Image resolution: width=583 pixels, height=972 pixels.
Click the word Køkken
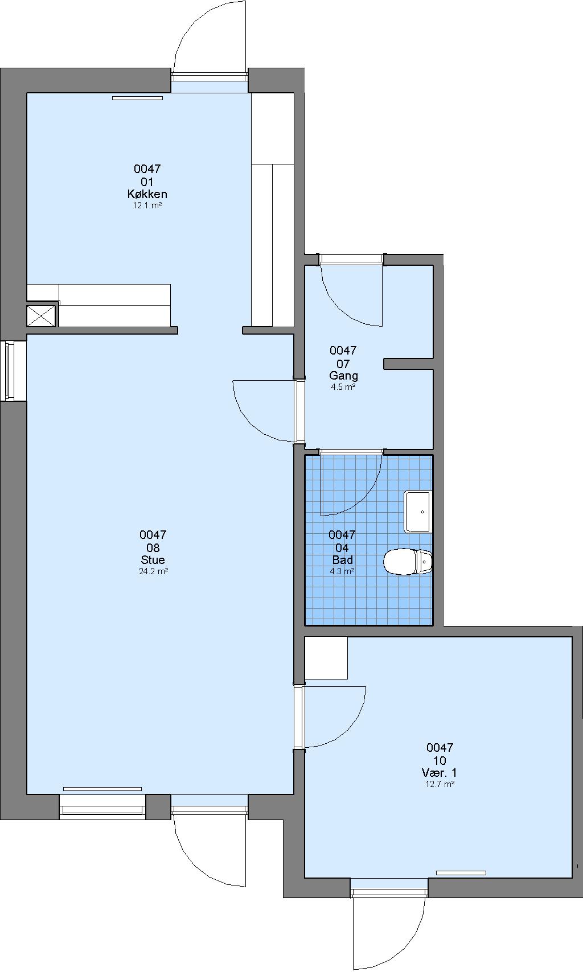[147, 194]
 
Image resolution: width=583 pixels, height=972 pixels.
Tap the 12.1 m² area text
[147, 205]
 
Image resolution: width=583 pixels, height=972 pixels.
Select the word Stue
[153, 560]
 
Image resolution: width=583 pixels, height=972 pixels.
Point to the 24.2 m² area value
[153, 571]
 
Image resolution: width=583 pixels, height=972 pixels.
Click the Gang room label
[343, 376]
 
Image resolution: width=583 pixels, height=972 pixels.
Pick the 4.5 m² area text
[343, 387]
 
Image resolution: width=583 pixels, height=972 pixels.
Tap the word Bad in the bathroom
[343, 560]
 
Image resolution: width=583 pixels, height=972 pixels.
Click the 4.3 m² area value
[342, 571]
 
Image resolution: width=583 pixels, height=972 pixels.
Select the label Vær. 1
[440, 772]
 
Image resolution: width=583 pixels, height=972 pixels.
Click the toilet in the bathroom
[408, 562]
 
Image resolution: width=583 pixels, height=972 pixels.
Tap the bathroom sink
[417, 512]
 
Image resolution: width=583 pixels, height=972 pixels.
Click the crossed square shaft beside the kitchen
[41, 315]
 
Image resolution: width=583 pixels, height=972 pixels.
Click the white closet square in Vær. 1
[326, 658]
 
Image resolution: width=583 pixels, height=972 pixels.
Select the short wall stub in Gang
[408, 364]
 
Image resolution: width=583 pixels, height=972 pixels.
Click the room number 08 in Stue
[153, 547]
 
